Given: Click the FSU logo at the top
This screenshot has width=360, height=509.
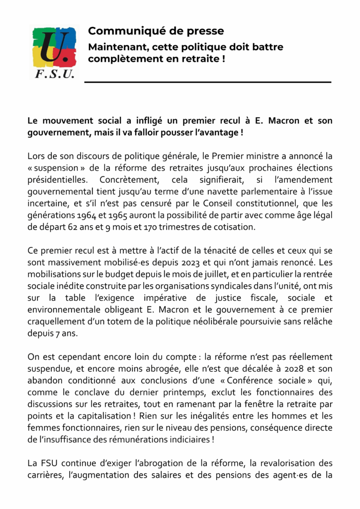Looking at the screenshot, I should [x=54, y=53].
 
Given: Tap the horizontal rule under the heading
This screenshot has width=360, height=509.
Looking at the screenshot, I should [x=207, y=82].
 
